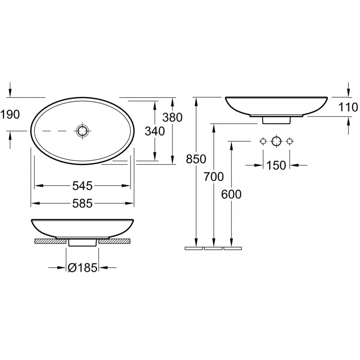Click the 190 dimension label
tap(10, 114)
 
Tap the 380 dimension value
tap(172, 117)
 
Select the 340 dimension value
tap(155, 131)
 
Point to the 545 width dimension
tap(82, 185)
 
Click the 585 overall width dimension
tap(82, 203)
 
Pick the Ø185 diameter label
tap(83, 267)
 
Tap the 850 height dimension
tap(196, 159)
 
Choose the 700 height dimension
tap(214, 177)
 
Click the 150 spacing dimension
tap(276, 165)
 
